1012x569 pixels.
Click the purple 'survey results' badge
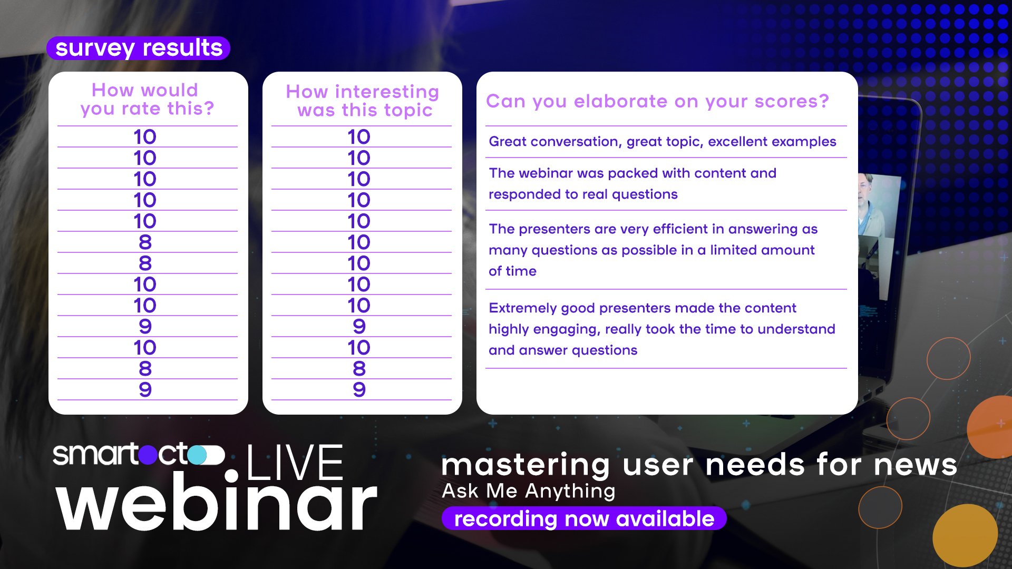click(138, 48)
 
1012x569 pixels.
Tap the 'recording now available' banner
click(584, 519)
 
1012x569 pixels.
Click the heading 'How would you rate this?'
click(147, 99)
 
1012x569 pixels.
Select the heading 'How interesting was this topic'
click(363, 101)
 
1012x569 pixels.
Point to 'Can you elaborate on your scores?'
click(657, 101)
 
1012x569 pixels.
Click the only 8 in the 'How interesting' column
click(359, 368)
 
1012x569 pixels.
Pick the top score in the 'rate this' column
click(145, 136)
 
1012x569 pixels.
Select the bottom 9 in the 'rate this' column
click(145, 389)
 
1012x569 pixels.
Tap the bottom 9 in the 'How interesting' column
click(359, 389)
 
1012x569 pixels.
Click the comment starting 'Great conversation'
click(663, 141)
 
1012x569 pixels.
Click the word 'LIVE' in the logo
click(295, 462)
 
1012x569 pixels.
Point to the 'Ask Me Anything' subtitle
click(529, 491)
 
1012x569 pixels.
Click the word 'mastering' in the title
click(526, 465)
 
